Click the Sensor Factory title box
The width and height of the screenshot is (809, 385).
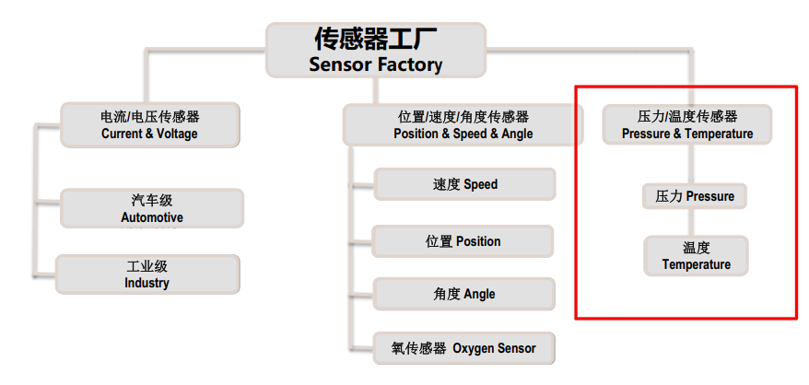click(376, 51)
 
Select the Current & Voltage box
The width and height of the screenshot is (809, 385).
click(149, 125)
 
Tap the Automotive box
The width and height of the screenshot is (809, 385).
click(152, 209)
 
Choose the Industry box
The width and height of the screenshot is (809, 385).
click(147, 274)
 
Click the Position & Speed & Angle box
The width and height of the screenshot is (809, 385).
click(463, 125)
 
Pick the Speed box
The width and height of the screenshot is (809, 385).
click(464, 184)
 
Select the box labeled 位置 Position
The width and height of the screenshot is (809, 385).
click(463, 241)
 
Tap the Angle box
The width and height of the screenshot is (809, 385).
click(463, 294)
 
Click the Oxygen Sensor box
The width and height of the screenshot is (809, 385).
click(463, 349)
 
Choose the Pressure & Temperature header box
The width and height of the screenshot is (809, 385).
click(687, 125)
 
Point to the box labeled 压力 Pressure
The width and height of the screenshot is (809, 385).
click(695, 196)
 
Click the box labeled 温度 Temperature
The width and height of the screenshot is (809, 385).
click(696, 255)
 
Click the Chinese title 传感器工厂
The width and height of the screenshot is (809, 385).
click(375, 39)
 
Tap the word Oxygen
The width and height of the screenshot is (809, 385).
click(475, 349)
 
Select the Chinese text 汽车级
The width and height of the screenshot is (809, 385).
click(152, 200)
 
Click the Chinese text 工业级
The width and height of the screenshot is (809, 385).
click(147, 265)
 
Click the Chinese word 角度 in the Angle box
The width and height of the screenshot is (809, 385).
click(446, 294)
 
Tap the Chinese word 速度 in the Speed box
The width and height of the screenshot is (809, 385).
click(446, 184)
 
